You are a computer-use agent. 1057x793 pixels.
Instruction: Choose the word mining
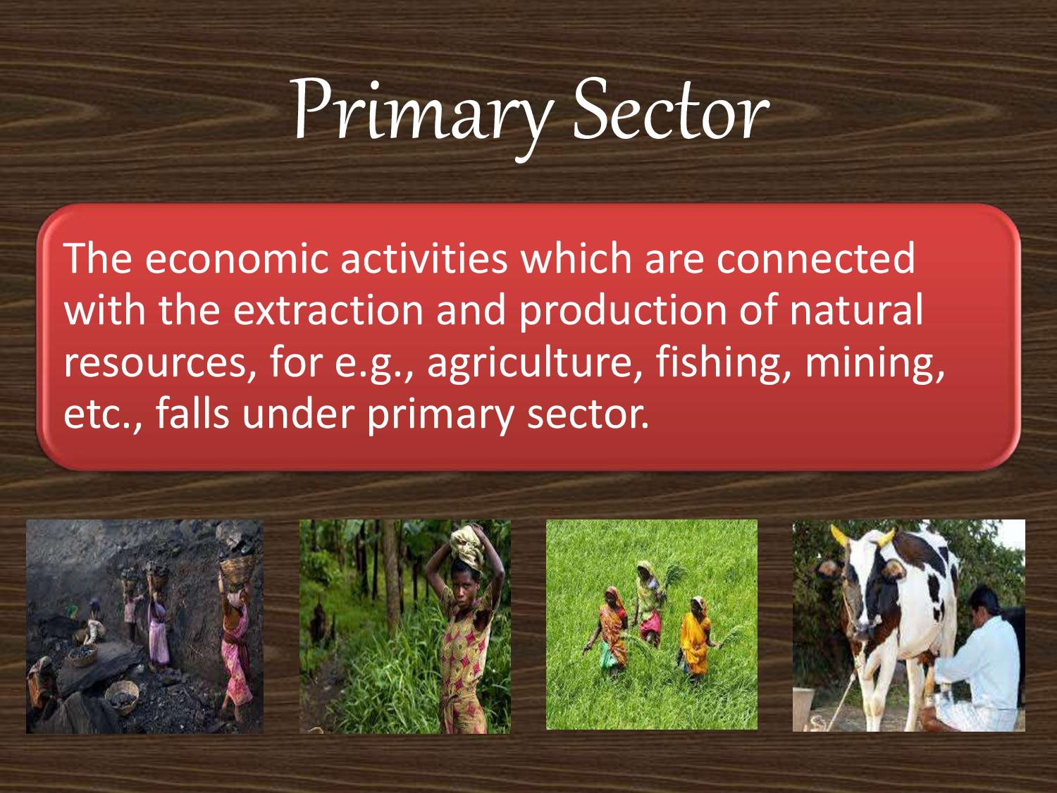pos(874,362)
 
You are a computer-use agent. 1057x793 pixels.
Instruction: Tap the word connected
pos(816,259)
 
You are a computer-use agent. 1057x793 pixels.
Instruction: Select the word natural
pos(855,310)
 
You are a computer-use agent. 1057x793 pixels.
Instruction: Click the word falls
pos(192,414)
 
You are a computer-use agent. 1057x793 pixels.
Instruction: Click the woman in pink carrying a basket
pos(235,634)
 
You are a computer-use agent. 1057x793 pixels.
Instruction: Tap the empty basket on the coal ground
pos(121,694)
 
